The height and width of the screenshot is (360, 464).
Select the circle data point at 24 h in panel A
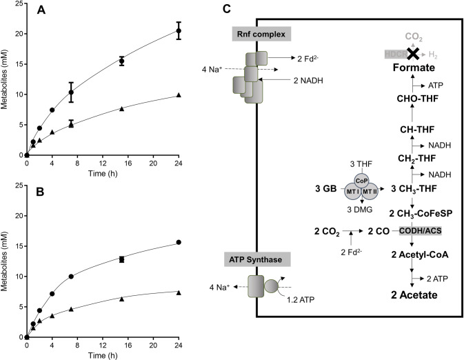pyautogui.click(x=179, y=31)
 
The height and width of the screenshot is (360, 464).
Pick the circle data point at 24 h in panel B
pyautogui.click(x=179, y=242)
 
